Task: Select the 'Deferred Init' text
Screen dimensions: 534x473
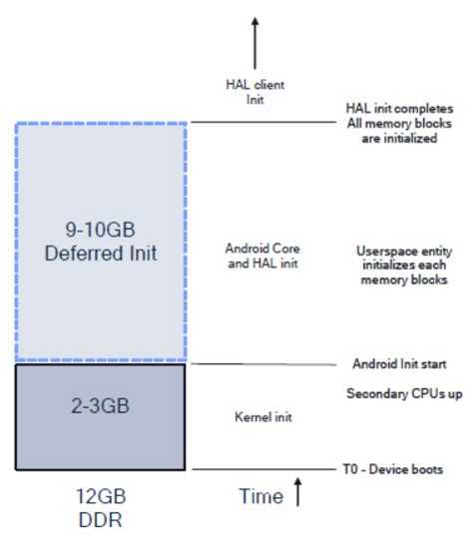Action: click(100, 254)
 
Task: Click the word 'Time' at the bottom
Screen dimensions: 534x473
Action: click(262, 496)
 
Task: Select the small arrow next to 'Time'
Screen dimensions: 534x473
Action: click(298, 493)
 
